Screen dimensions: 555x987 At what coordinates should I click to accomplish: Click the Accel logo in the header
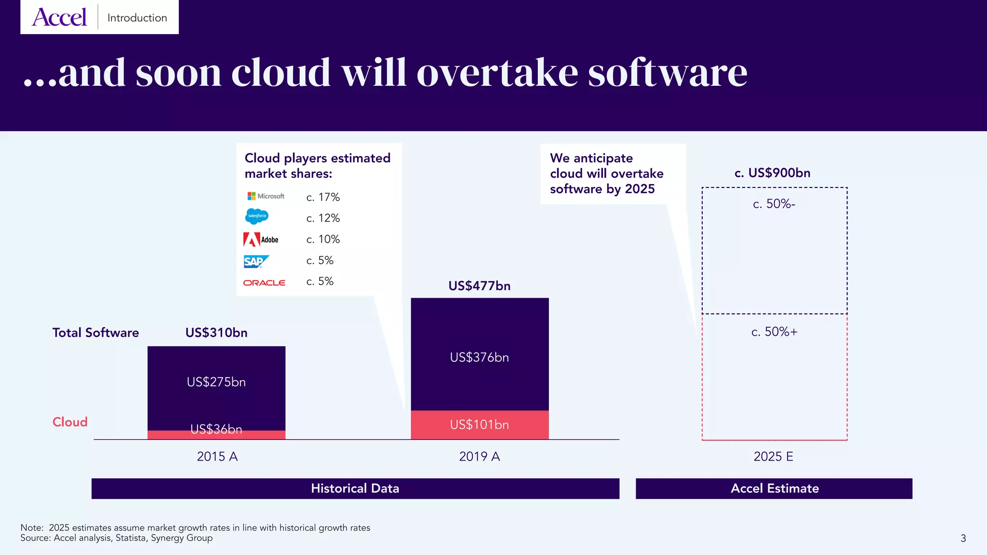point(59,18)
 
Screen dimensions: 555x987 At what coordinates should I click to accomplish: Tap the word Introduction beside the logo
point(137,18)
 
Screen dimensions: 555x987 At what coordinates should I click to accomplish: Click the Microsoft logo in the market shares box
point(266,196)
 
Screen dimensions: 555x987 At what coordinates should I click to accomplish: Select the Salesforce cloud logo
point(257,216)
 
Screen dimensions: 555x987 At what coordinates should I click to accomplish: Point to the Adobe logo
point(261,239)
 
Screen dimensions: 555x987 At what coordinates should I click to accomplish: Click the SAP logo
point(255,261)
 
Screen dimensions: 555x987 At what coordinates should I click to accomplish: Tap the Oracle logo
point(264,283)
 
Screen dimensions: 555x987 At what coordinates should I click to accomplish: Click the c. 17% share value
point(323,197)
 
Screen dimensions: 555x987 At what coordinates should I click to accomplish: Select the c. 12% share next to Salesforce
point(323,218)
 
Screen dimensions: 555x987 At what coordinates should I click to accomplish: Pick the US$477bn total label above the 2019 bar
point(479,286)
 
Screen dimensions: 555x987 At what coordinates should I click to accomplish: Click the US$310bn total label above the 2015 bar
point(216,332)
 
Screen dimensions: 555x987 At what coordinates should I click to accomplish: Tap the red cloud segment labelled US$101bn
point(479,424)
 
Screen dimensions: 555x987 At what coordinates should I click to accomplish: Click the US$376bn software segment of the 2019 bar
point(479,357)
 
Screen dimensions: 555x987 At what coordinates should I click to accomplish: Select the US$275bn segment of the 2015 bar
point(216,382)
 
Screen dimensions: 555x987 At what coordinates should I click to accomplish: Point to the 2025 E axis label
point(773,456)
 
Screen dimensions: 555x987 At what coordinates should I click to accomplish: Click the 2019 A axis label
point(479,456)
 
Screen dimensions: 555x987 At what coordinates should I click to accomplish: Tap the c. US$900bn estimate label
point(772,173)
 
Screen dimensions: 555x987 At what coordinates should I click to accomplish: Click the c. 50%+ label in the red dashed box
point(774,332)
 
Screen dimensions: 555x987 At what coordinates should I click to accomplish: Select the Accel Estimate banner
point(774,489)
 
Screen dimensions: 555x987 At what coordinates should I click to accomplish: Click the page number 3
point(963,538)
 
